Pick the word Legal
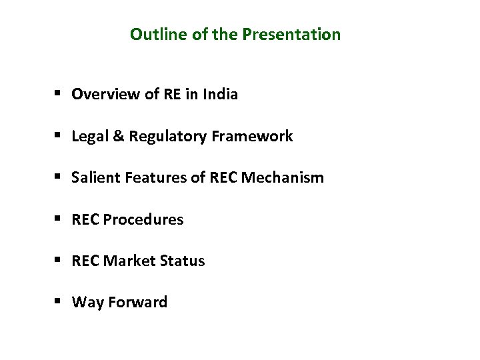[x=87, y=136]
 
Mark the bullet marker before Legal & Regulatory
[x=59, y=137]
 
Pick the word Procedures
[x=145, y=219]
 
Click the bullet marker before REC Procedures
[x=59, y=219]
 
